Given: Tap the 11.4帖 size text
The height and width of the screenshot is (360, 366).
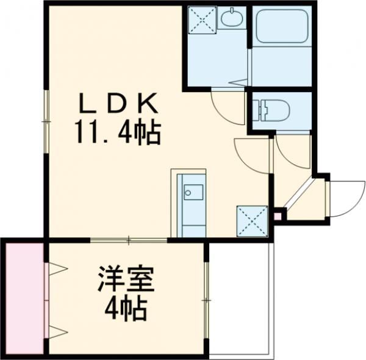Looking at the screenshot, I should click(x=118, y=131).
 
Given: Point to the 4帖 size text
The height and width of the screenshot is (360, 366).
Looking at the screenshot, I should click(x=126, y=309).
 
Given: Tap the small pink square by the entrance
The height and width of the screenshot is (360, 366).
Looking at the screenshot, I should click(x=278, y=215).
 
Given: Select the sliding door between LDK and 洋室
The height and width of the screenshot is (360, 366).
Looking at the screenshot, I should click(x=129, y=240).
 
